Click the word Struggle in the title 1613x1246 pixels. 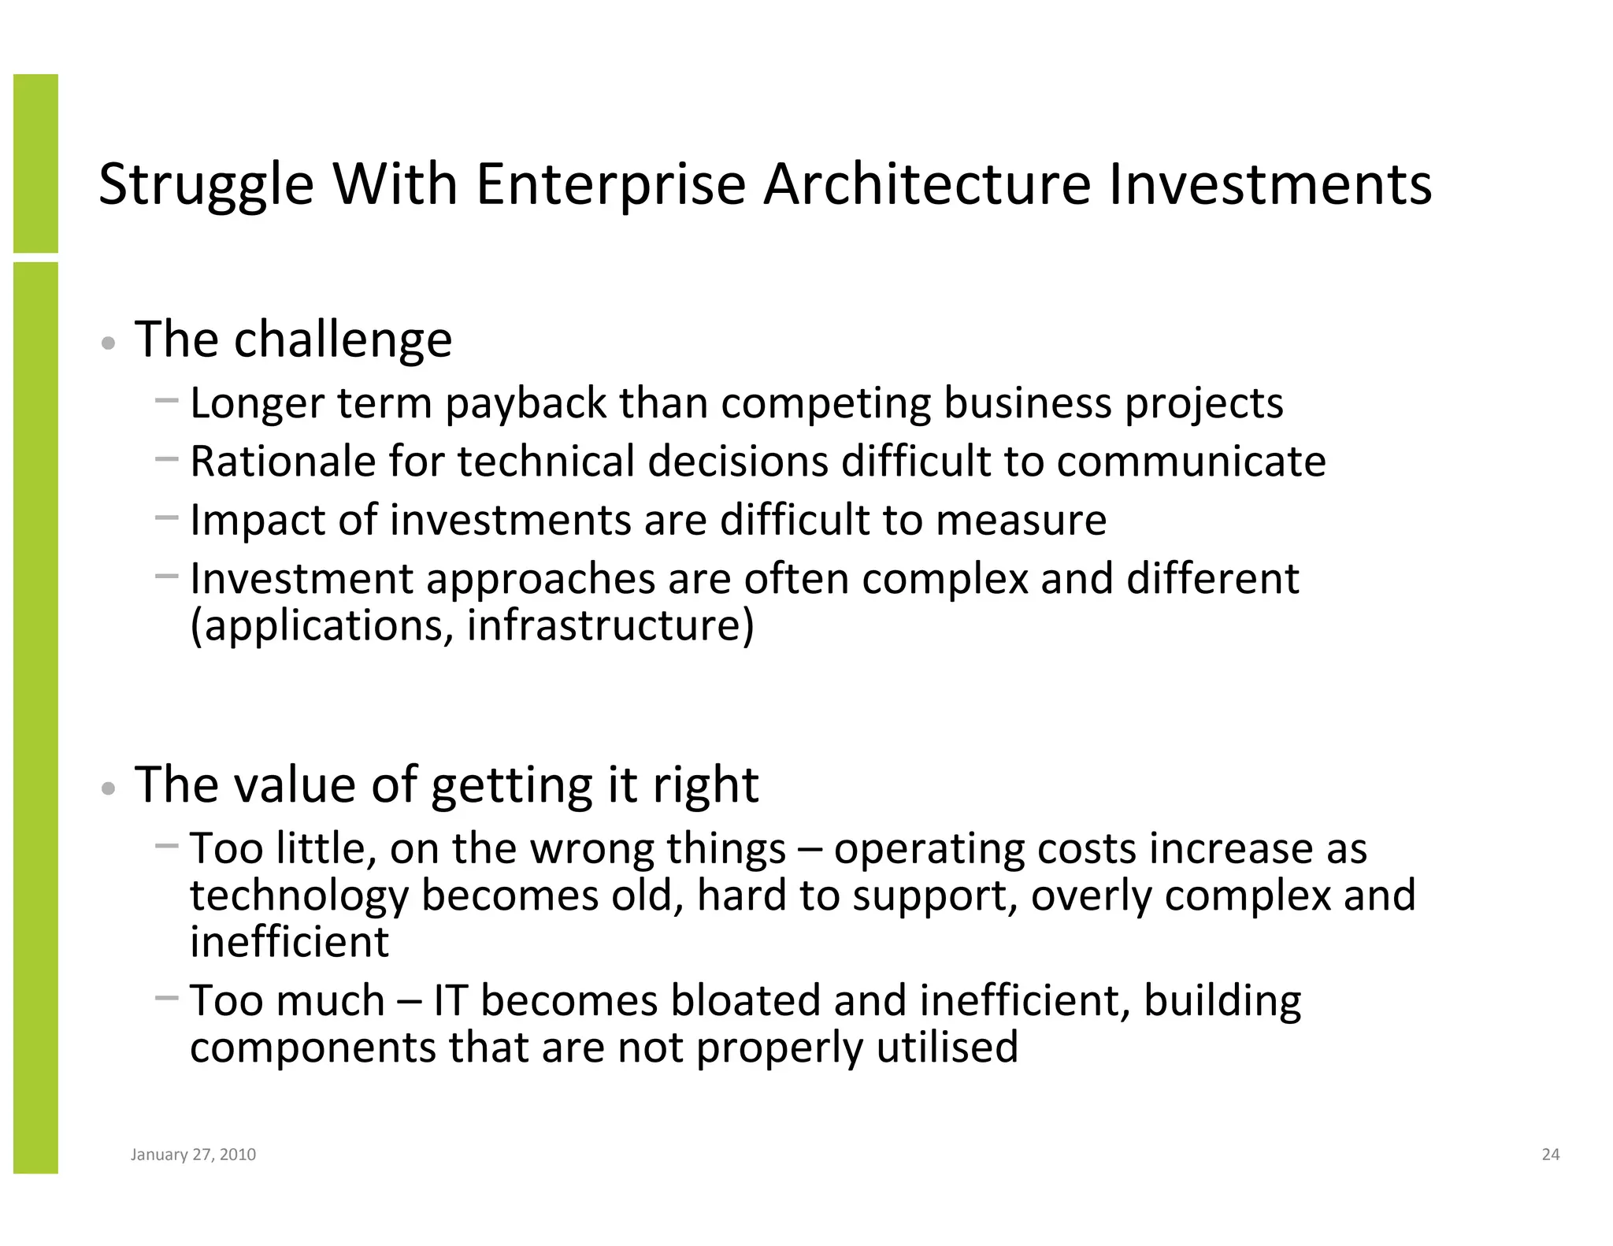point(206,186)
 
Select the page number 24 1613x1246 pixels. point(1550,1155)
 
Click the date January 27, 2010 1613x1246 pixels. point(193,1155)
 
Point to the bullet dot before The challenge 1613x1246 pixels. point(109,343)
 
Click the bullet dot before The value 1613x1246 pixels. point(109,788)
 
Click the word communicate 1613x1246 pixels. point(1191,462)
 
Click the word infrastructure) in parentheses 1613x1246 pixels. point(610,626)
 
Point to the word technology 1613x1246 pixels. point(299,896)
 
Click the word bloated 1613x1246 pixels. point(746,1000)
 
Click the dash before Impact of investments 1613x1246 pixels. point(167,517)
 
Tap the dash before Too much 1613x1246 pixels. point(167,998)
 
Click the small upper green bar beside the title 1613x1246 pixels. point(35,163)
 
